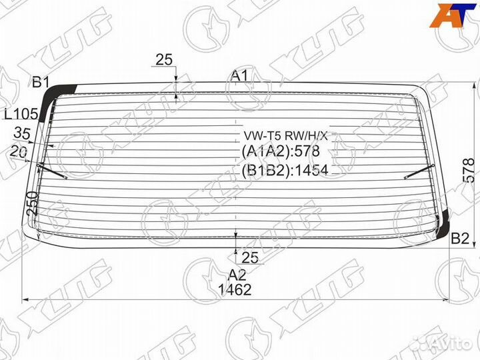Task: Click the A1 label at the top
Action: tap(239, 75)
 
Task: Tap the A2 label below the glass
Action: tap(237, 275)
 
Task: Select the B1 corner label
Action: tap(41, 82)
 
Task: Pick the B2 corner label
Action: tap(460, 238)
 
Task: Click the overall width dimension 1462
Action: tap(235, 289)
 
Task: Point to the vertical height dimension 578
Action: tap(469, 171)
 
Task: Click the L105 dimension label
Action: tap(21, 114)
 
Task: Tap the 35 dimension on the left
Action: tap(22, 133)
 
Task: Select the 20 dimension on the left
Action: tap(18, 151)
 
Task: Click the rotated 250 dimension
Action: tap(32, 203)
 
